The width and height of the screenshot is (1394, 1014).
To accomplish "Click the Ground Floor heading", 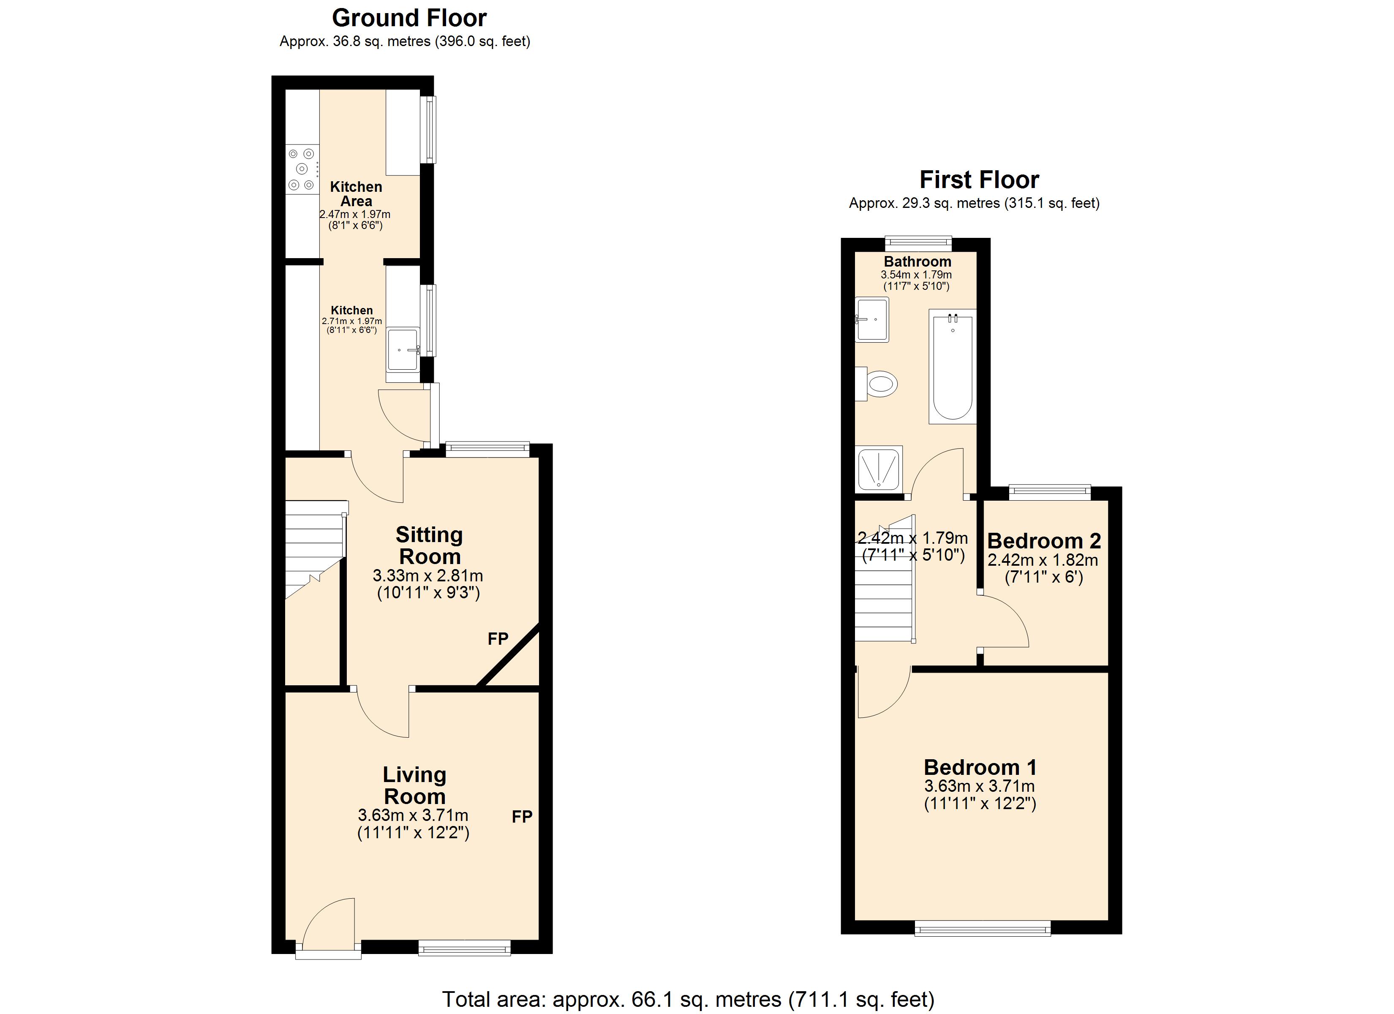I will (x=409, y=19).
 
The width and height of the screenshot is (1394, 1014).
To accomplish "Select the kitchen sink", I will (x=403, y=349).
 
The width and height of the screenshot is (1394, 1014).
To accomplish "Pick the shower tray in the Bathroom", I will (x=879, y=469).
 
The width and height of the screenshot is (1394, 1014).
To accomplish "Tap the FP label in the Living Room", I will (x=522, y=817).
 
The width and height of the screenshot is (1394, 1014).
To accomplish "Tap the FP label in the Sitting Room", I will (x=498, y=639).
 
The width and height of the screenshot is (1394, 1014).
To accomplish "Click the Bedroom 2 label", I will (x=1044, y=541).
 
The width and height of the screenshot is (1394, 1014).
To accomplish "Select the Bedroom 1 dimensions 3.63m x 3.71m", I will (x=979, y=786).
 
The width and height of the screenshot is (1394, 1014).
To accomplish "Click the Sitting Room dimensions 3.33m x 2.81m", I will (x=428, y=576).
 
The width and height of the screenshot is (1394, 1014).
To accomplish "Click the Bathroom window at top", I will (x=918, y=243).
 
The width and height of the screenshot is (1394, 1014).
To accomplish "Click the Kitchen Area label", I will (x=356, y=194).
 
